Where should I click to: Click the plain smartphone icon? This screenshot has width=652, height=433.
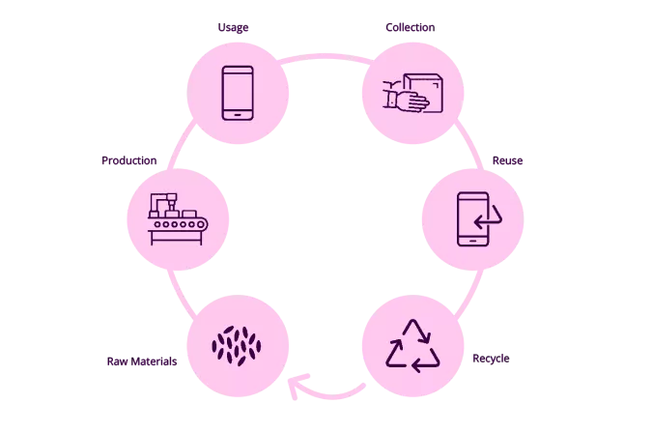click(238, 92)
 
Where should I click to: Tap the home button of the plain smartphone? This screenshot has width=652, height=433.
click(238, 112)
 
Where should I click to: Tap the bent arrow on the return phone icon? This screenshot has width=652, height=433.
click(487, 218)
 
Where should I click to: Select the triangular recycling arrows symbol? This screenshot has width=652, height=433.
click(412, 344)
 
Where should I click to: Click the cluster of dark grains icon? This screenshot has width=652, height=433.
click(238, 344)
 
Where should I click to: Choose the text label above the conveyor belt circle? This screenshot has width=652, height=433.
click(128, 159)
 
